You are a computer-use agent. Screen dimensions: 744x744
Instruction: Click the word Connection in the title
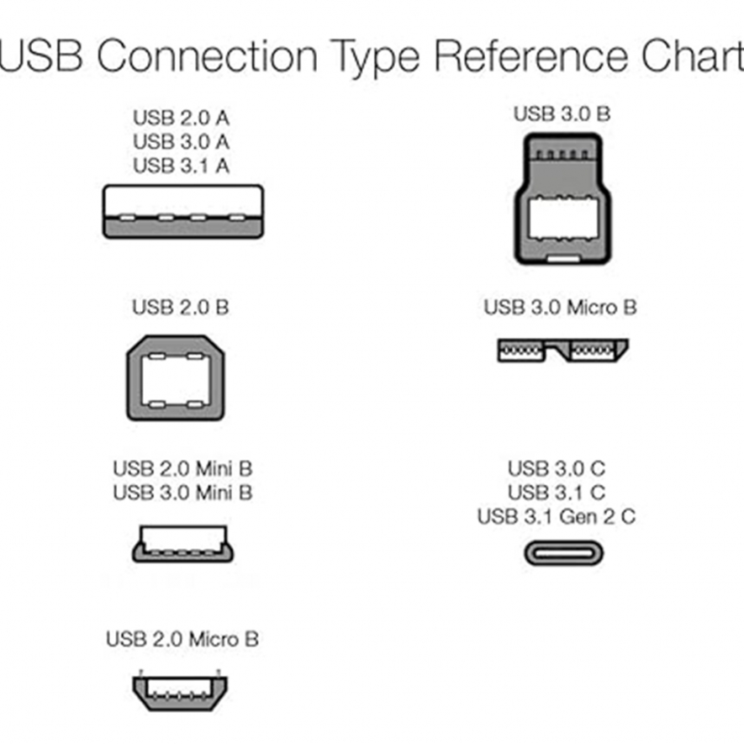coord(208,55)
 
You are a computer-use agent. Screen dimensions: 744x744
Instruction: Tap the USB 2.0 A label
coord(182,118)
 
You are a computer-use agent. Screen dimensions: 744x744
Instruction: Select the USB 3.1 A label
coord(182,166)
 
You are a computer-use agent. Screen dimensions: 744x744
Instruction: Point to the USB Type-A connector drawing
coord(183,212)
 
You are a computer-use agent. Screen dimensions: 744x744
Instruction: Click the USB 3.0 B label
coord(562,113)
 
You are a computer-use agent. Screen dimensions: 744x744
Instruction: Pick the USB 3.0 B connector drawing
coord(562,198)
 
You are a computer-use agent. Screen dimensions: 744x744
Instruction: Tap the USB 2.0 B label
coord(180,308)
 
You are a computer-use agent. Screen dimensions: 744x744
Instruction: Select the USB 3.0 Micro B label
coord(560,308)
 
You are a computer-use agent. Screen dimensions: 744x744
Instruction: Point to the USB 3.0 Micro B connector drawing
coord(562,351)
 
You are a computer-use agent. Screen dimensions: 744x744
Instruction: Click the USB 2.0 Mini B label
coord(182,469)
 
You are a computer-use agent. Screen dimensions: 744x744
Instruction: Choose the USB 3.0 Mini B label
coord(182,493)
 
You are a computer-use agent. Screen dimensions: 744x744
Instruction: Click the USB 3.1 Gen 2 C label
coord(557,517)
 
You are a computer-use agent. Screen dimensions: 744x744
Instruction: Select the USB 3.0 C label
coord(557,469)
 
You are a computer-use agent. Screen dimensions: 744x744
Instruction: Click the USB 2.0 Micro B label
coord(182,639)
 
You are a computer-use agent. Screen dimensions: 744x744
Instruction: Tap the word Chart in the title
coord(693,55)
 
